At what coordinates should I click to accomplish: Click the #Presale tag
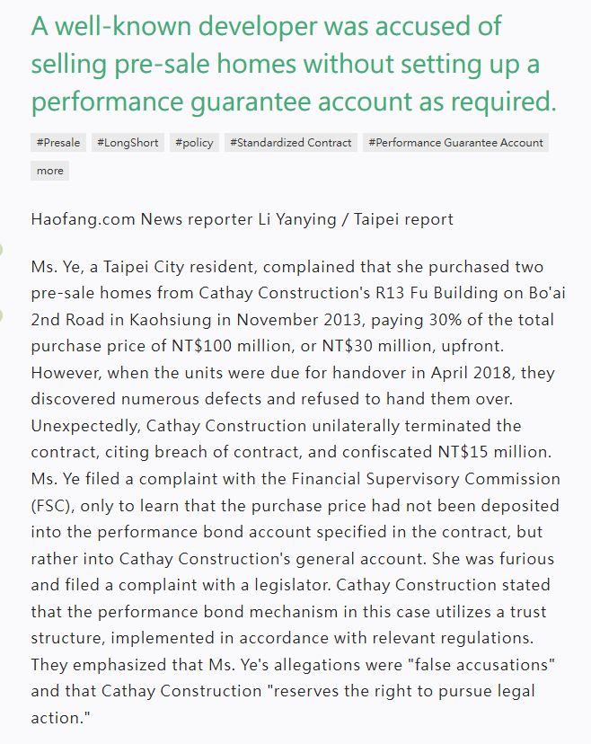click(58, 142)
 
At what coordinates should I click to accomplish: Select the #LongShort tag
click(128, 142)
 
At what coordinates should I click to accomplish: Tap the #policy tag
click(194, 142)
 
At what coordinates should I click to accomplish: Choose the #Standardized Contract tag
click(290, 142)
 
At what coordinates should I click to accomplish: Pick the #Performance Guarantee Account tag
click(455, 142)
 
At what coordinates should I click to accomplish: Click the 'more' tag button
click(50, 171)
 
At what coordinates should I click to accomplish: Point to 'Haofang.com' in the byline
click(82, 219)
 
